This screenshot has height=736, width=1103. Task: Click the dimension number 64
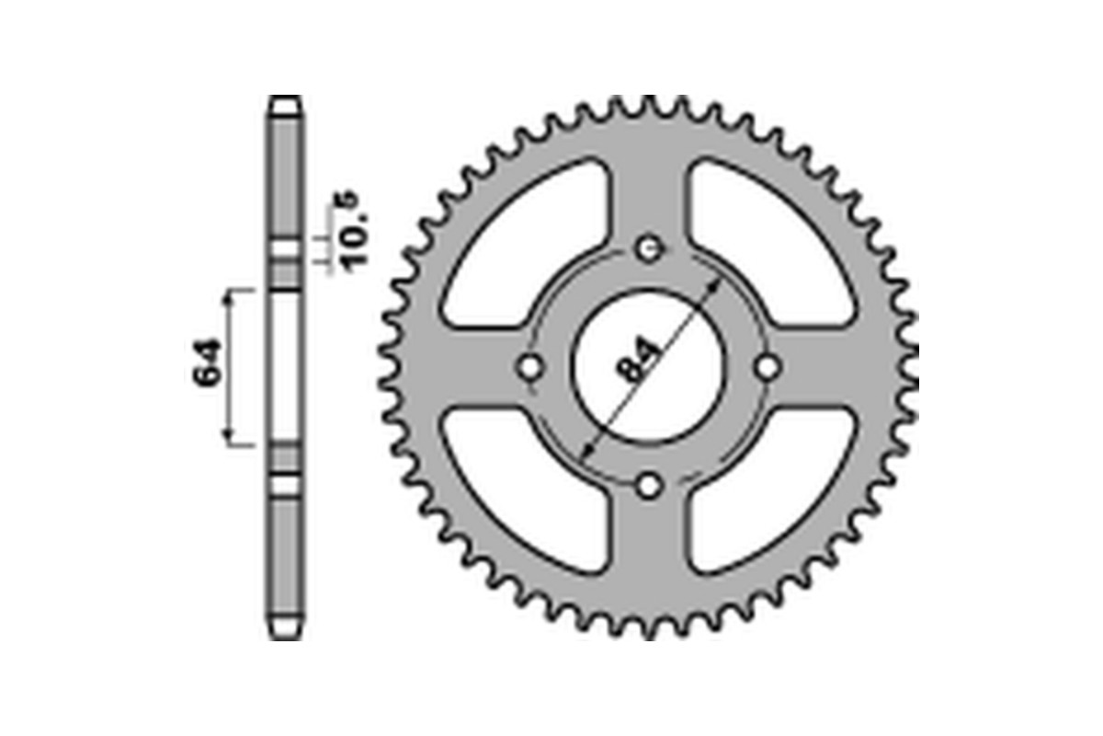[x=208, y=365]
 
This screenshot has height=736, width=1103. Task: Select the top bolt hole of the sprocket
[x=650, y=247]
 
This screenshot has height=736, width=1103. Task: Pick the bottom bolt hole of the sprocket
[x=650, y=485]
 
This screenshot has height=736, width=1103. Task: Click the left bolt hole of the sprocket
[x=530, y=367]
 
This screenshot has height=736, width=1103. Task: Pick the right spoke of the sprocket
[x=827, y=367]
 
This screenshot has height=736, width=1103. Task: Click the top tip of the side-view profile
[x=286, y=99]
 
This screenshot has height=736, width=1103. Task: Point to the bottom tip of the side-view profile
[x=286, y=635]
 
